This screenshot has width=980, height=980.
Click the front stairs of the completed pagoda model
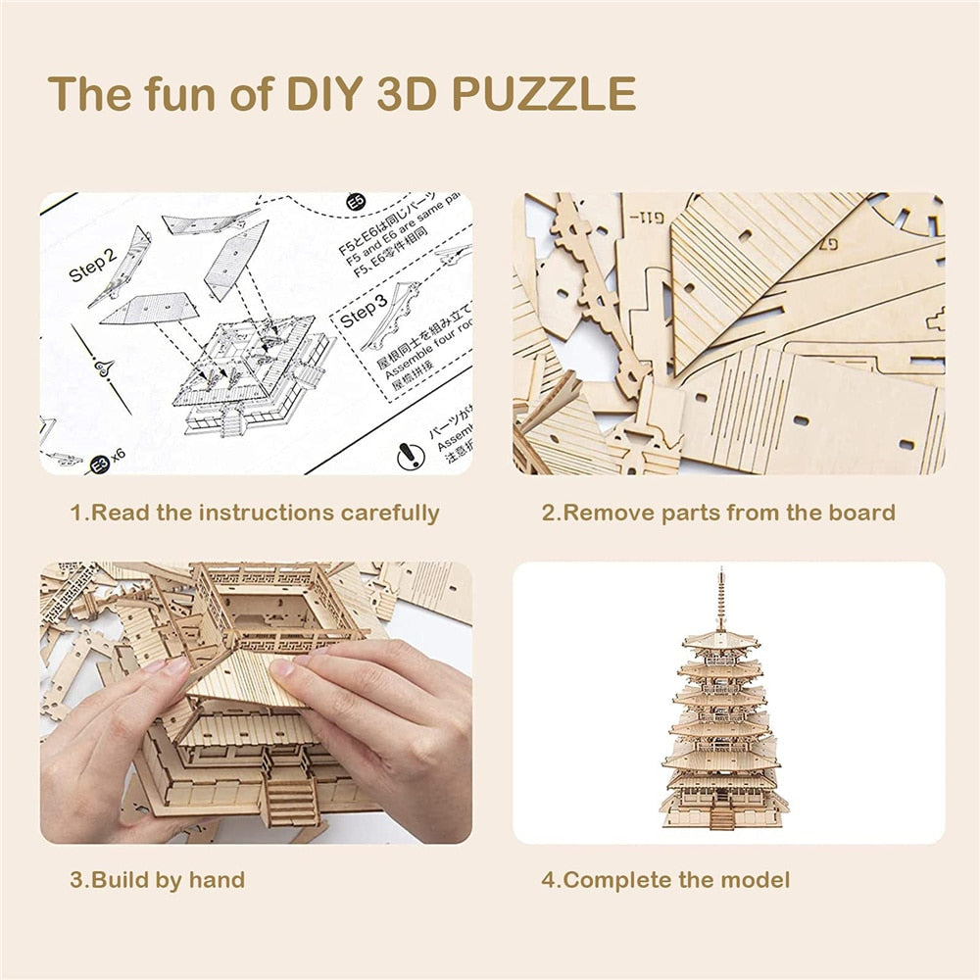[x=723, y=815]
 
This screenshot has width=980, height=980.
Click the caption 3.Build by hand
[x=157, y=879]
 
